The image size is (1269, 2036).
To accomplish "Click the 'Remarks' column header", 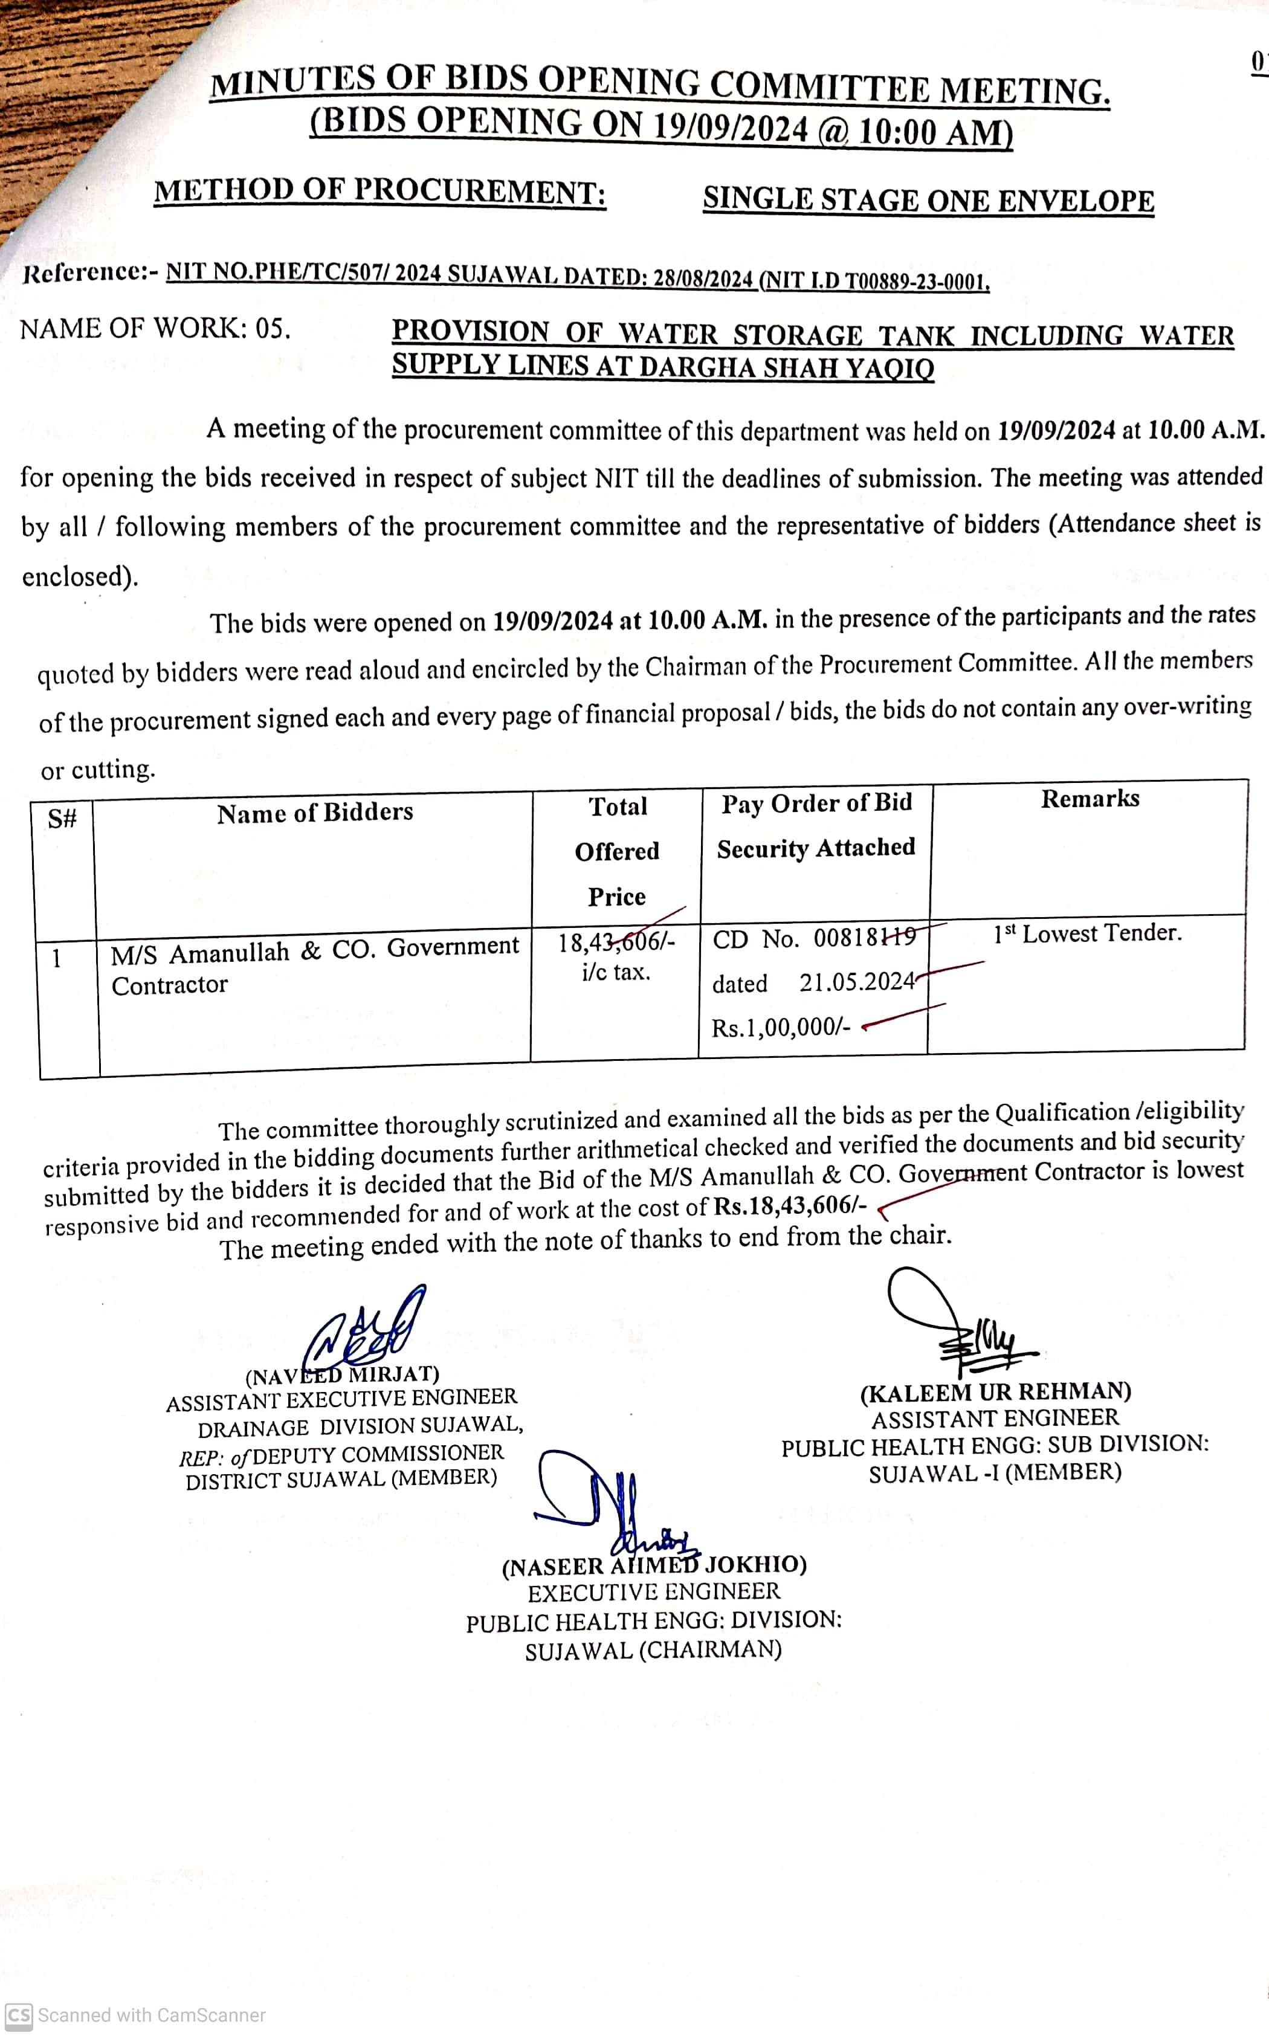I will (x=1090, y=799).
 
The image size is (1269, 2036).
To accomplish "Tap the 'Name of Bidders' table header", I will (x=315, y=812).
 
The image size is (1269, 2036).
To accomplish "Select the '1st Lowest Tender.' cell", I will (x=1087, y=933).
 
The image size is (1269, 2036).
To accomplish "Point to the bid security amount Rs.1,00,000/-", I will (x=781, y=1027).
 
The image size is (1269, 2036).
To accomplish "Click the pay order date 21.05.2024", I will (x=856, y=982).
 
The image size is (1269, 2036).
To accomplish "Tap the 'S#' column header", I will (x=62, y=819).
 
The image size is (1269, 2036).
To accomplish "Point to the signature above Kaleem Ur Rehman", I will (x=957, y=1317).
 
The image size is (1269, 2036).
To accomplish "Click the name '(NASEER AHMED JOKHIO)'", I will (x=654, y=1565).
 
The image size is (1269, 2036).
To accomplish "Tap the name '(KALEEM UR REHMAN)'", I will (x=995, y=1393).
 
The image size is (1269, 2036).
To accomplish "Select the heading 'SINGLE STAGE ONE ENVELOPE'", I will (x=928, y=199).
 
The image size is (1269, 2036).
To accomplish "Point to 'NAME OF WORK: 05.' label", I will (x=155, y=328).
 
